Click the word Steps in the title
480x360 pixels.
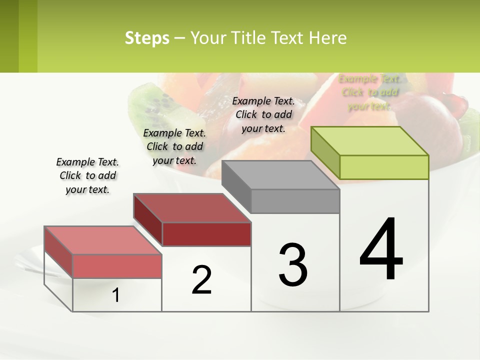147,38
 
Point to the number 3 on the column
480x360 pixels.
293,265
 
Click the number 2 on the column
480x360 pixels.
202,280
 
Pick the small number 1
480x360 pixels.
116,295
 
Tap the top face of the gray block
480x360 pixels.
280,175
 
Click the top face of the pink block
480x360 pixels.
103,240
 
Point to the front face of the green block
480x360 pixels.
384,167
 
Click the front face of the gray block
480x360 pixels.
295,201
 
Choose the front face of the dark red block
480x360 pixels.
206,234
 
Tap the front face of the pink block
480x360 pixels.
117,266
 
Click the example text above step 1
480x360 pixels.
87,175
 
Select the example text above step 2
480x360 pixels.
174,146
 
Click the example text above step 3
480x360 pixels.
263,114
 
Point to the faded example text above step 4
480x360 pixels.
369,92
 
